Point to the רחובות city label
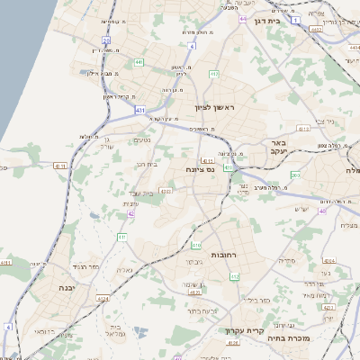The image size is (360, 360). (223, 256)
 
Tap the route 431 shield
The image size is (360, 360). (140, 109)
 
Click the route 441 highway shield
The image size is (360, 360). (138, 61)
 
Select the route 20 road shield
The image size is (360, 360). (107, 40)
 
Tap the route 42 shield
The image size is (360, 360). (132, 213)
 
